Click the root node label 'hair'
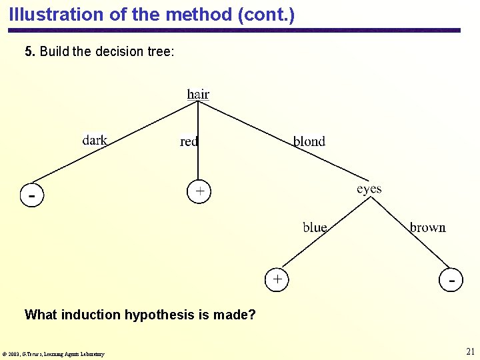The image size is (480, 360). click(x=198, y=94)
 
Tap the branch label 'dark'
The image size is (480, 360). click(x=95, y=140)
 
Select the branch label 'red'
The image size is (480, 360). click(x=189, y=141)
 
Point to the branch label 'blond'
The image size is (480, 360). click(x=309, y=141)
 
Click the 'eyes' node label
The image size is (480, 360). click(x=369, y=189)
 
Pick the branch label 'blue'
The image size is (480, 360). click(x=315, y=227)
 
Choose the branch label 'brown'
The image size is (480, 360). click(x=427, y=227)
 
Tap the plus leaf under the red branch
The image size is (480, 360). click(x=199, y=191)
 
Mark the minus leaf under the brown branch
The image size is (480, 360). click(x=452, y=280)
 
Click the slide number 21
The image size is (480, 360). click(x=470, y=351)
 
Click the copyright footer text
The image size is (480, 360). click(x=53, y=354)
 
